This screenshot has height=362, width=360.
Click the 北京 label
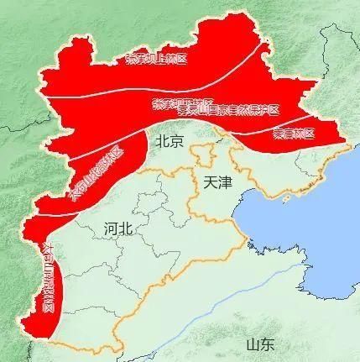(170, 142)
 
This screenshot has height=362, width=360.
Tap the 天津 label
(216, 182)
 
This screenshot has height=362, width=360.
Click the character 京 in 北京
(176, 142)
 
